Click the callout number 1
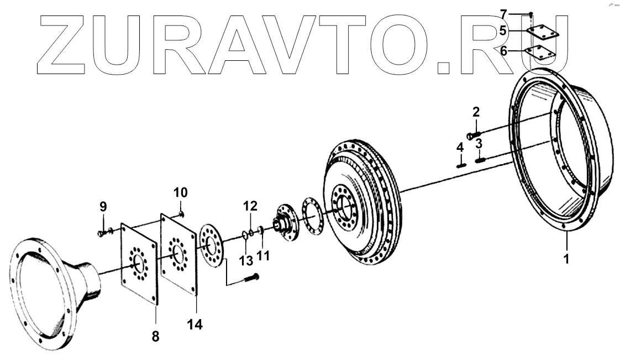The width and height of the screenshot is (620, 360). tap(566, 258)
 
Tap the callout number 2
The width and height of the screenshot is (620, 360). tap(476, 112)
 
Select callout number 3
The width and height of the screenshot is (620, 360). tap(479, 144)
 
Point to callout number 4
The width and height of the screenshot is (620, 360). tap(459, 148)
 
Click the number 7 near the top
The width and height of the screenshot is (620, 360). tap(503, 13)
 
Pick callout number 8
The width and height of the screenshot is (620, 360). tap(155, 335)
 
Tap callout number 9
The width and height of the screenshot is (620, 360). tap(103, 207)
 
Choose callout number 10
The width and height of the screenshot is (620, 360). tap(181, 192)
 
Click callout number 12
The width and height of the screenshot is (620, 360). tap(250, 206)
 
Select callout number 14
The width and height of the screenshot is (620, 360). tap(195, 324)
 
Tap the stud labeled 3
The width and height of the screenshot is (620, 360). tap(480, 160)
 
